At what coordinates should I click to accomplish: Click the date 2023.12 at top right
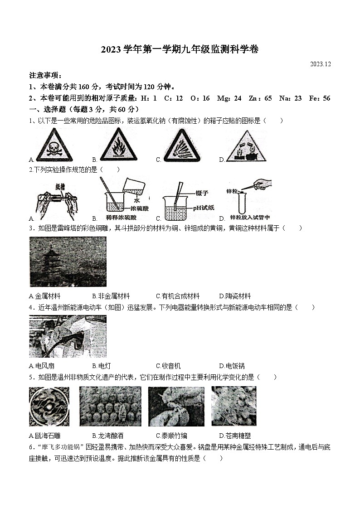coord(321,64)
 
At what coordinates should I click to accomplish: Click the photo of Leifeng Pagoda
coord(68,262)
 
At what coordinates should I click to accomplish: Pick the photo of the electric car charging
coord(68,336)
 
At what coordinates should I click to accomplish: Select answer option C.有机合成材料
coord(177,296)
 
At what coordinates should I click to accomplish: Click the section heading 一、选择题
coord(45,109)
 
